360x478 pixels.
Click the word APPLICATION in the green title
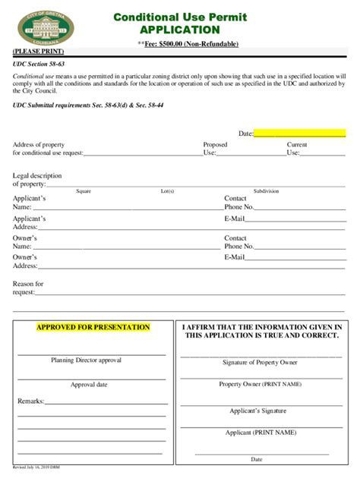(x=179, y=30)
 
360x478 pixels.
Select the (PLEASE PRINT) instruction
(x=38, y=52)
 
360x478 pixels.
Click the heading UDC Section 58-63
(x=37, y=65)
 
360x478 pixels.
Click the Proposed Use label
(x=215, y=148)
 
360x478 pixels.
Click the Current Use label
(x=296, y=148)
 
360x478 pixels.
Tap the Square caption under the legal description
(x=83, y=191)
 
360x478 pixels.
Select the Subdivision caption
(x=266, y=191)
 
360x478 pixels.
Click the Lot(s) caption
(x=167, y=191)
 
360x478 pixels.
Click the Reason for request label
(x=28, y=288)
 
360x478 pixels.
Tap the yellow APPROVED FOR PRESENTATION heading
(x=93, y=327)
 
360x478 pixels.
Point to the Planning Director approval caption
(x=86, y=360)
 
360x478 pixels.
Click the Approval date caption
(x=89, y=385)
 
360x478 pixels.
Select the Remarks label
(x=31, y=400)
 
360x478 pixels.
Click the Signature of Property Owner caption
(x=260, y=363)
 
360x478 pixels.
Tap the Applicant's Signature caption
(x=259, y=410)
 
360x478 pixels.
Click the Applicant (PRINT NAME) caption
(x=261, y=432)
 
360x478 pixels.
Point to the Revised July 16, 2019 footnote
(x=38, y=468)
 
